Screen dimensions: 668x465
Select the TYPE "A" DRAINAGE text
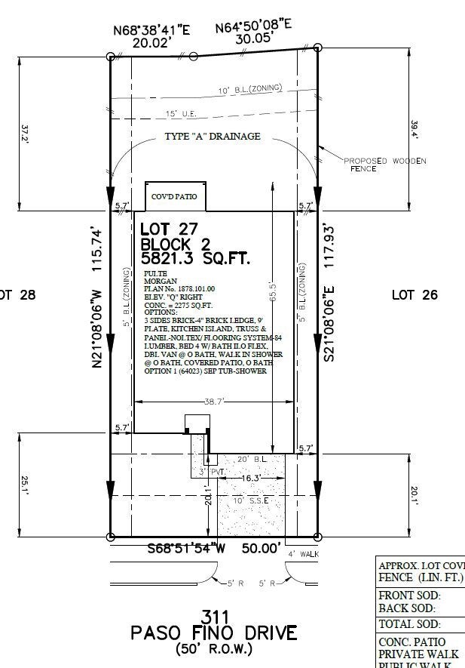(x=213, y=137)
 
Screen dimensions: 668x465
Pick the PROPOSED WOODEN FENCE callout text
(x=384, y=165)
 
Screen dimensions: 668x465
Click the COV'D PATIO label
(x=175, y=197)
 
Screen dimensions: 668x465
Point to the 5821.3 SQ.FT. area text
(x=194, y=259)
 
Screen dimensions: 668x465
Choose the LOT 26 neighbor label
(x=415, y=295)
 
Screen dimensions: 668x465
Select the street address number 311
(x=214, y=615)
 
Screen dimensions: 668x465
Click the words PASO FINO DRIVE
(x=214, y=633)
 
